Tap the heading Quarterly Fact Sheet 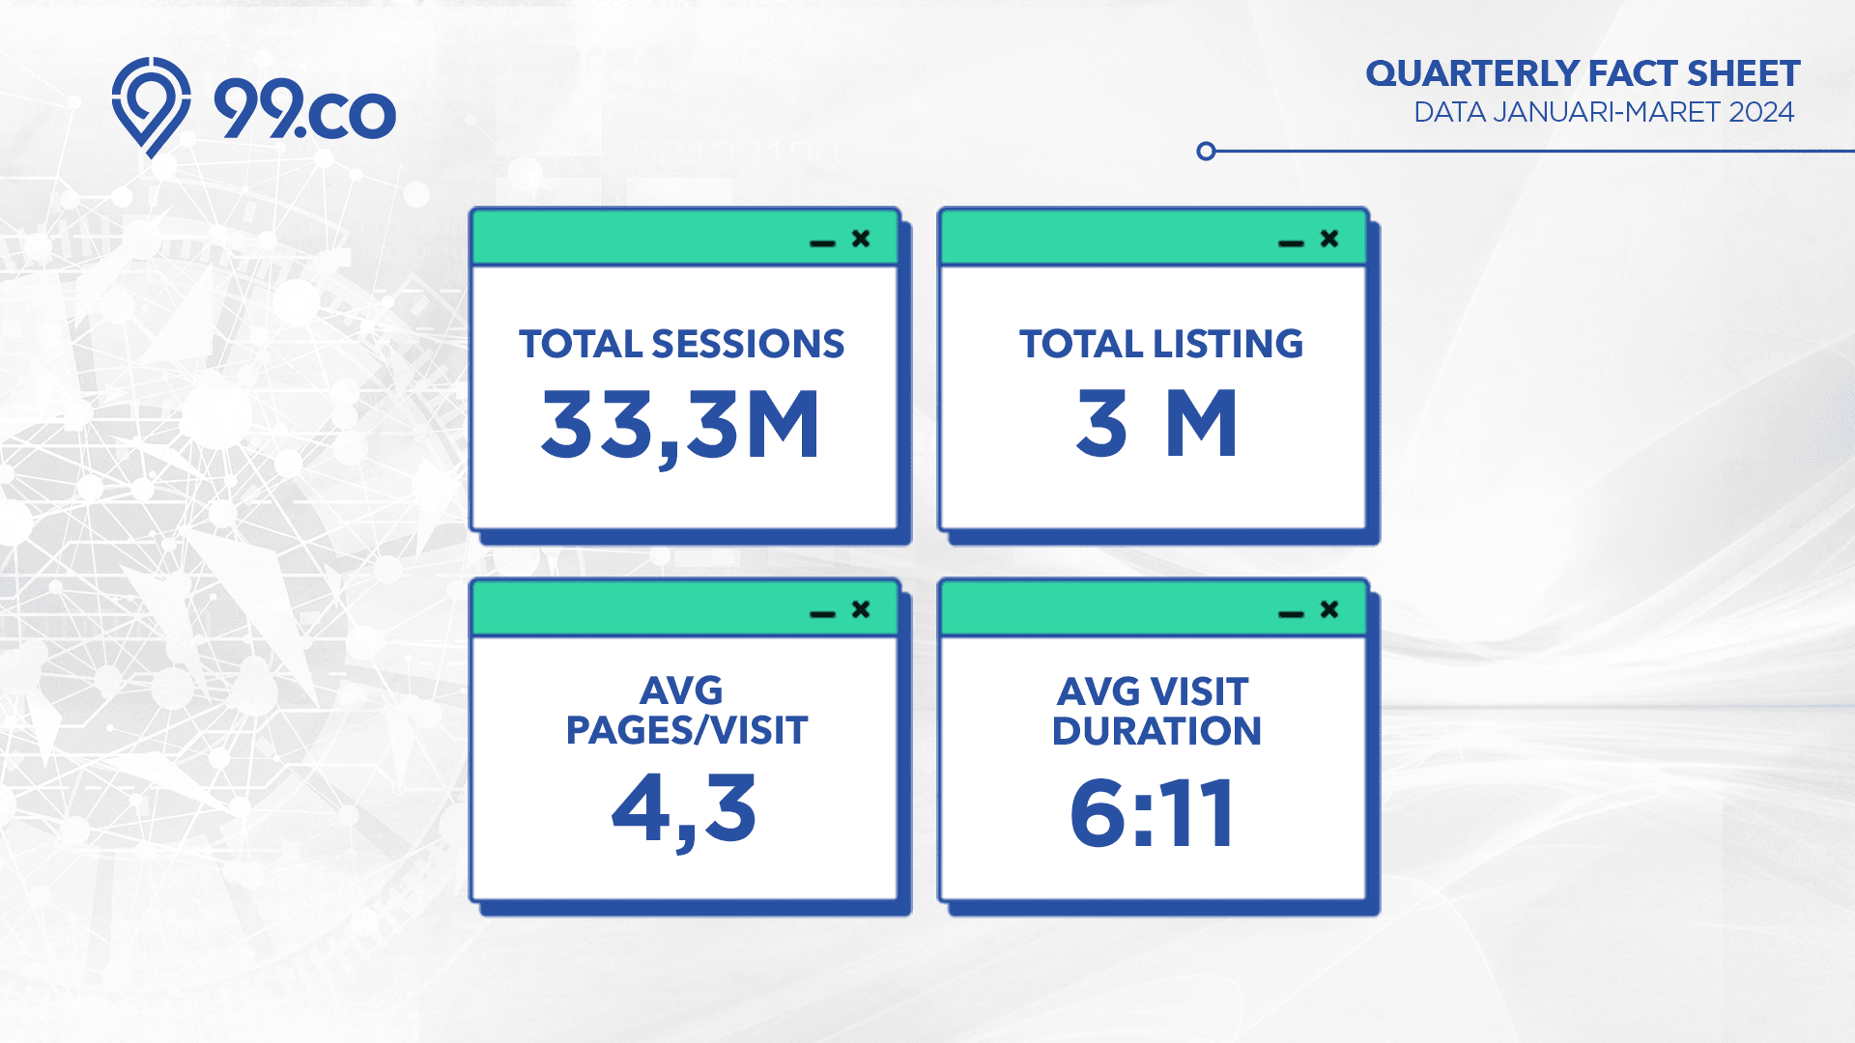coord(1583,74)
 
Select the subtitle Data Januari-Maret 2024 coord(1604,112)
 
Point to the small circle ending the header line coord(1206,151)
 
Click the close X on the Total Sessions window coord(861,238)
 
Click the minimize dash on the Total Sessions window coord(822,243)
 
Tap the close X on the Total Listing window coord(1329,238)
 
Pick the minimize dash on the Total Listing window coord(1291,243)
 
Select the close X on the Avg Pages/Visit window coord(861,608)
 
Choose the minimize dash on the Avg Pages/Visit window coord(822,614)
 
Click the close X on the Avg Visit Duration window coord(1329,608)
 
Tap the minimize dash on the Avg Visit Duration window coord(1291,614)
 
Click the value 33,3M coord(680,427)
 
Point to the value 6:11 coord(1152,813)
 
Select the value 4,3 coord(684,809)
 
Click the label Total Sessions coord(681,344)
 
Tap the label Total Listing coord(1160,344)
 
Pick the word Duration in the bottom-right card coord(1156,731)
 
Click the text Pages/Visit coord(686,731)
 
